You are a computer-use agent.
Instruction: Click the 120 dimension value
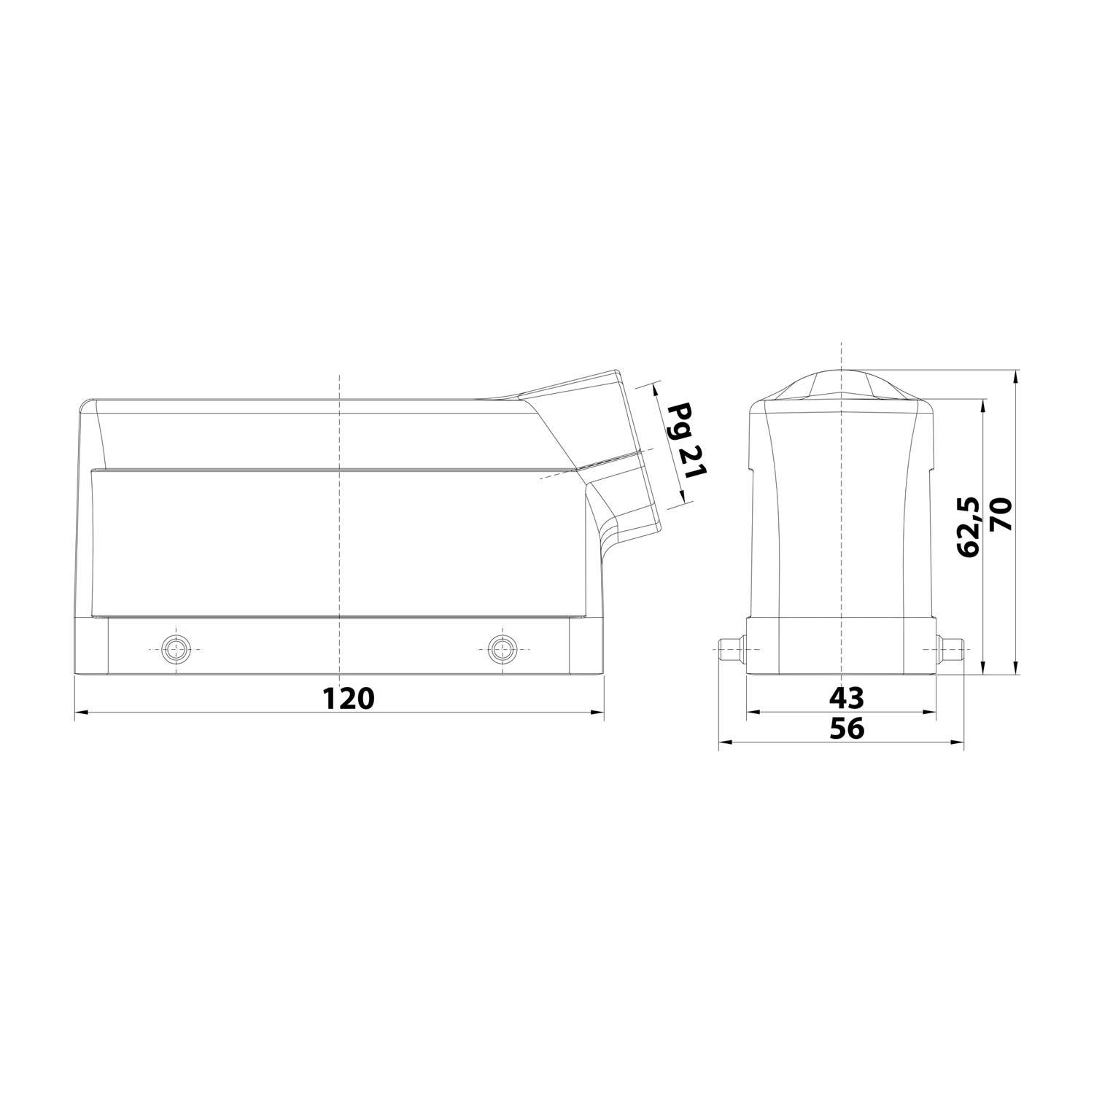coord(349,698)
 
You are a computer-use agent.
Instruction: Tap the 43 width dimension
coord(846,698)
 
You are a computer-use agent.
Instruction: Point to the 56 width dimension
coord(846,729)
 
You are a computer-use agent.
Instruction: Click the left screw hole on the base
coord(175,648)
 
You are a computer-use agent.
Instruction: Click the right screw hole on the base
coord(500,648)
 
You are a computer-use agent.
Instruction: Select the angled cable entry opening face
coord(640,452)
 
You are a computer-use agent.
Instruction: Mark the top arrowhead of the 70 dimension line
coord(1015,376)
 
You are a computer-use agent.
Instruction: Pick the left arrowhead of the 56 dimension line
coord(724,742)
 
